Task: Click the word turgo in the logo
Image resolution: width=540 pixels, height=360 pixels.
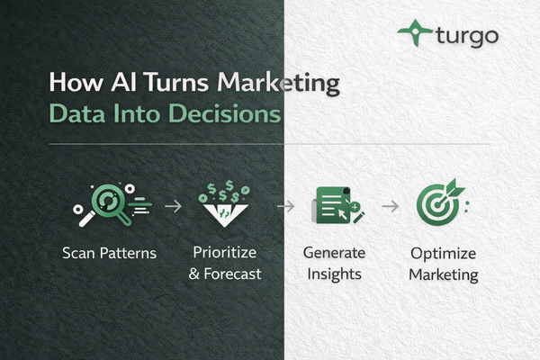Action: coord(466,36)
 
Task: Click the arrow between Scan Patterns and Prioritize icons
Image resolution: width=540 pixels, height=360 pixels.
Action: coord(173,206)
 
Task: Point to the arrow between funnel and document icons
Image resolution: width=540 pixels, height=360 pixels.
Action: coord(285,206)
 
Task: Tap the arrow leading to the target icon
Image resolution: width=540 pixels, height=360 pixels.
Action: coord(390,206)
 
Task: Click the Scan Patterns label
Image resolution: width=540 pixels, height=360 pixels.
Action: coord(110,253)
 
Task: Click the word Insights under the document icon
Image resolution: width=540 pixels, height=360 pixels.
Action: coord(333,273)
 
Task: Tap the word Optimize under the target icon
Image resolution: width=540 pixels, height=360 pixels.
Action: coord(443,252)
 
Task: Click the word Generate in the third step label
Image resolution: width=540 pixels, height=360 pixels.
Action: coord(333,252)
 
